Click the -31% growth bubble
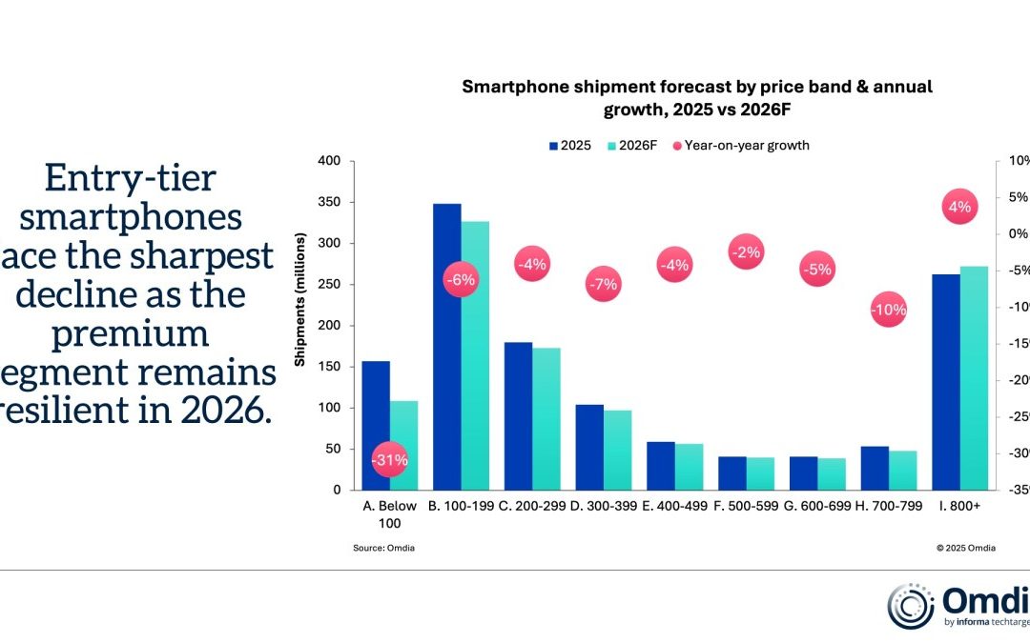tap(390, 460)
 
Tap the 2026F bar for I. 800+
tap(974, 377)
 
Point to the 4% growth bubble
tap(959, 207)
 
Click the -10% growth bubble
tap(888, 310)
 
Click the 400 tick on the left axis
tap(329, 161)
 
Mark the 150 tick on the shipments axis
tap(329, 367)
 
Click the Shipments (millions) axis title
tap(299, 325)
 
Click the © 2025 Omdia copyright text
tap(966, 548)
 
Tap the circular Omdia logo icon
tap(910, 607)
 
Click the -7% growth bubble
tap(603, 284)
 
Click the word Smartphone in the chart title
tap(509, 87)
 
